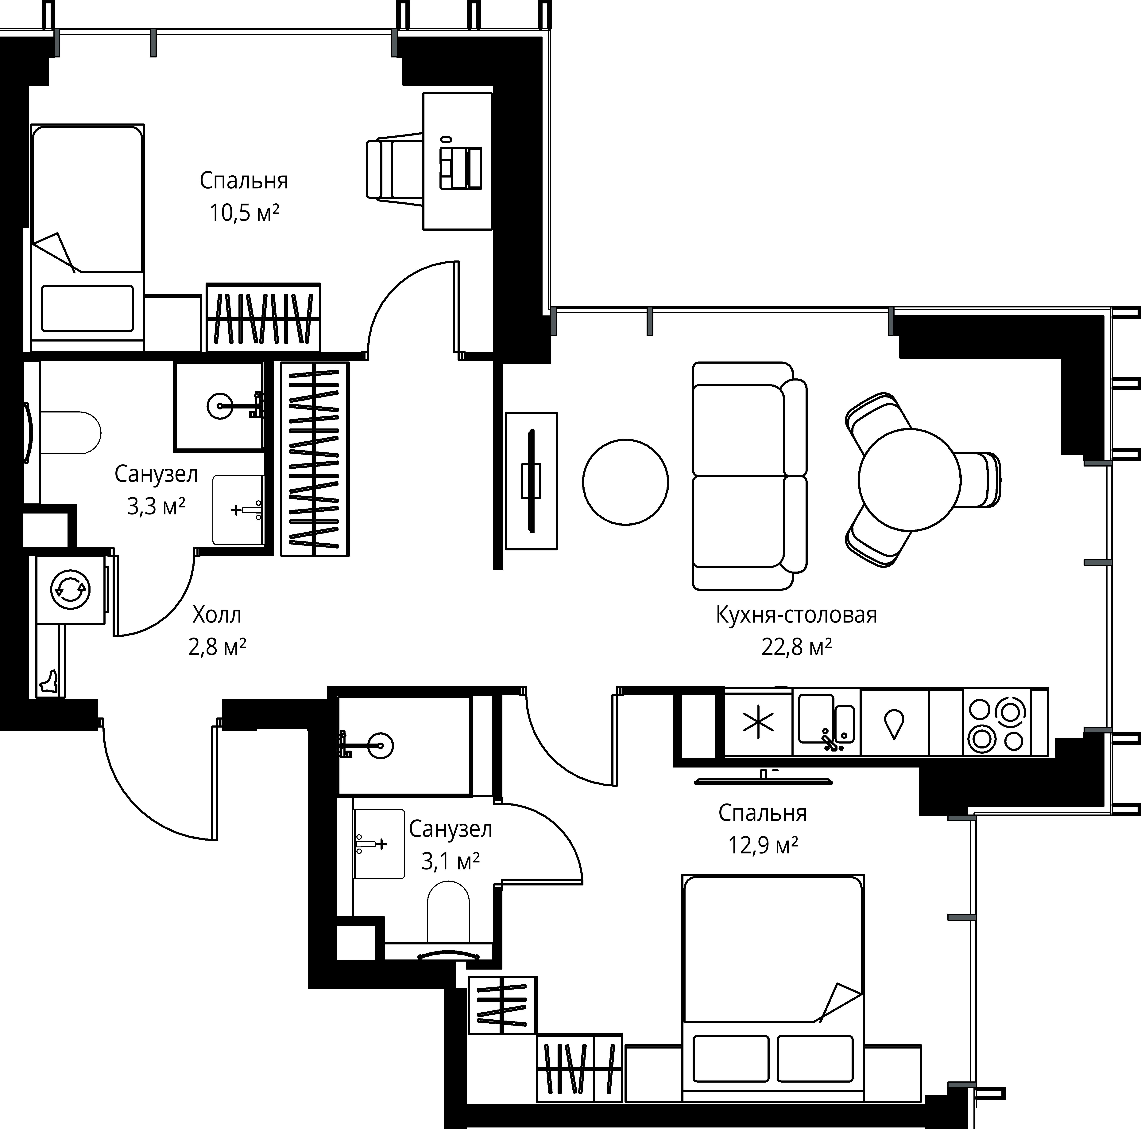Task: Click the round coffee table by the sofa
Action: [625, 482]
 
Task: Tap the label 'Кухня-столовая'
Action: [796, 615]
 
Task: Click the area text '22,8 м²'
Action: [797, 647]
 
